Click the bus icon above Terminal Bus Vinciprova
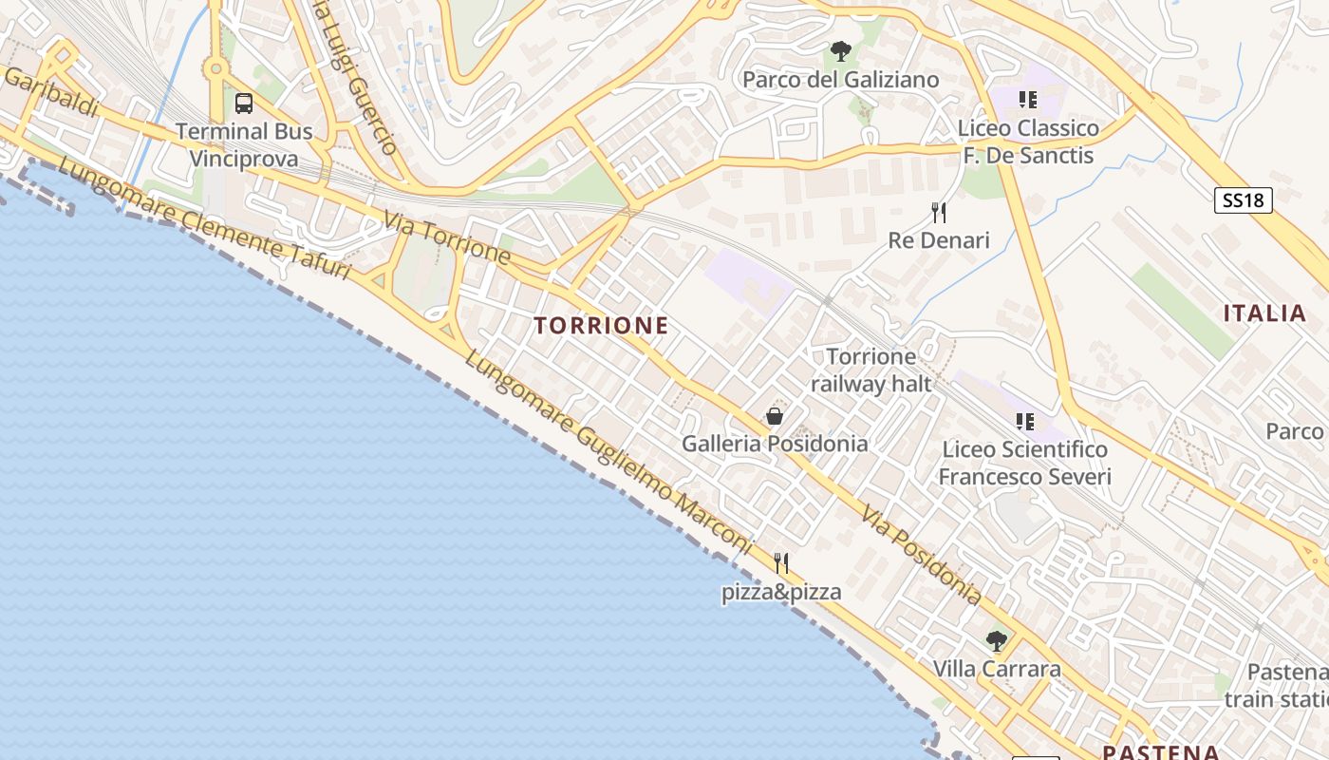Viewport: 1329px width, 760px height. pos(244,103)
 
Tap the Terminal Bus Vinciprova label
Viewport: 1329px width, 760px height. pos(244,144)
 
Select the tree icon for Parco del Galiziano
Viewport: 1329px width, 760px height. pos(840,51)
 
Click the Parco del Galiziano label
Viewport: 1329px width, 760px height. pos(840,80)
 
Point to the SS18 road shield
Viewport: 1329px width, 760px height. pos(1243,200)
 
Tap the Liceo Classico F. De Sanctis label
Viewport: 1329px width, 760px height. pos(1028,142)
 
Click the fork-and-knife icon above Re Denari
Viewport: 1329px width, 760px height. pos(939,212)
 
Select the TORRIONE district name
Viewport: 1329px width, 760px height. pos(601,326)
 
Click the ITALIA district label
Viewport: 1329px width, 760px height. pos(1264,313)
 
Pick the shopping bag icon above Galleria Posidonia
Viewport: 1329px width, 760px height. pos(775,416)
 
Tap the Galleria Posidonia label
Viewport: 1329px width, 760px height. pos(775,444)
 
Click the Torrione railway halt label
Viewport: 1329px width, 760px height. pos(871,370)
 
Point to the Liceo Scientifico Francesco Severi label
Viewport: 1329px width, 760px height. pos(1024,463)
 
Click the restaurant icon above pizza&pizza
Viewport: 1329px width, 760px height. pos(781,563)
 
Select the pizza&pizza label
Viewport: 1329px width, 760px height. pos(781,593)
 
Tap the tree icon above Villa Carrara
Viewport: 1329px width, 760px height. pos(996,641)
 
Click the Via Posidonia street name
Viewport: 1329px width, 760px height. pos(921,556)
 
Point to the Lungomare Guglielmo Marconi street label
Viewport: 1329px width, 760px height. pos(608,454)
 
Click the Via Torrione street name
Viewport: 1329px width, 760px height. pos(447,237)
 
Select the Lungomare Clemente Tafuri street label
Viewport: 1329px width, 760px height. pos(204,219)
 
